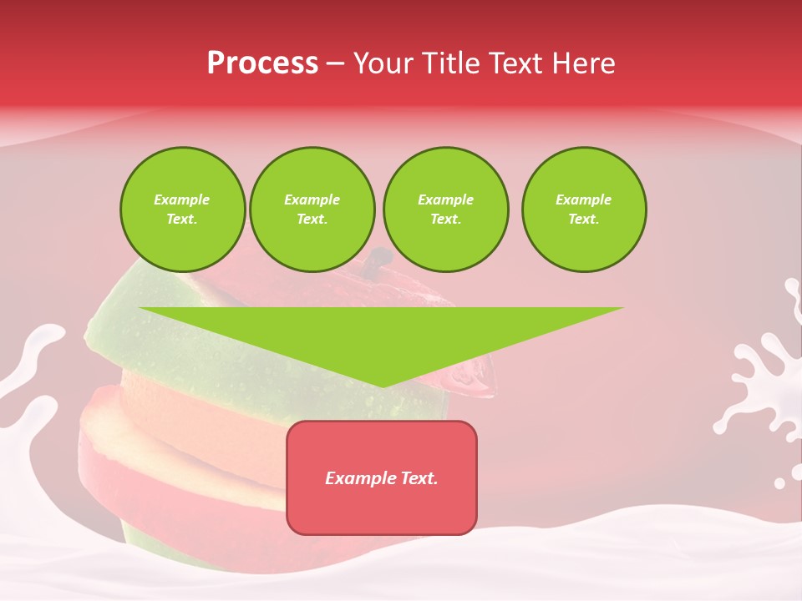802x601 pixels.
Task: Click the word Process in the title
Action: click(x=262, y=63)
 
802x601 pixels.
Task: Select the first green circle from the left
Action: click(x=182, y=210)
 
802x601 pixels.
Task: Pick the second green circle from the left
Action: click(x=312, y=210)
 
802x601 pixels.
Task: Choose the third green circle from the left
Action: click(x=445, y=210)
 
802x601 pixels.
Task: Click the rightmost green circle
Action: click(x=584, y=210)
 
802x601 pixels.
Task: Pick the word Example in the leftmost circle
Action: click(x=182, y=199)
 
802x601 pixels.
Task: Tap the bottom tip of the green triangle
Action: click(x=382, y=385)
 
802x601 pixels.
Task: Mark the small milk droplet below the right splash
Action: click(x=779, y=483)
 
